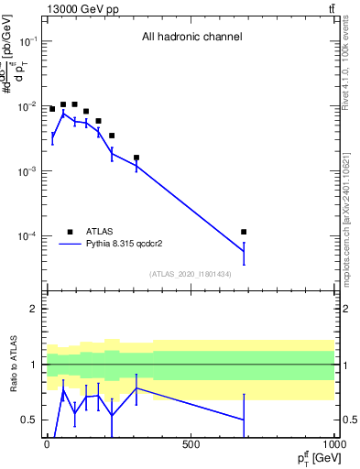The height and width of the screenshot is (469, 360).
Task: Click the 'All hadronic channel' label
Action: [x=191, y=38]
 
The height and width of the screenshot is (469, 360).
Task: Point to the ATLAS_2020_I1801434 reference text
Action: [x=191, y=274]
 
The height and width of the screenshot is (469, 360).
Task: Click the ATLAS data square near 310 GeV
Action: [x=136, y=158]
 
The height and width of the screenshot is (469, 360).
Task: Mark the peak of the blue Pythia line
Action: [x=63, y=113]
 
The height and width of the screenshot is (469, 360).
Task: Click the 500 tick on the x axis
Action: [x=191, y=444]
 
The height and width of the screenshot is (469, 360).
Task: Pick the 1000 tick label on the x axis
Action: [x=333, y=444]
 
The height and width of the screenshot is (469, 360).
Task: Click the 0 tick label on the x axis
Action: [x=47, y=444]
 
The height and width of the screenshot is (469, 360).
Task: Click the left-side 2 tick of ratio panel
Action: [x=34, y=310]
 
